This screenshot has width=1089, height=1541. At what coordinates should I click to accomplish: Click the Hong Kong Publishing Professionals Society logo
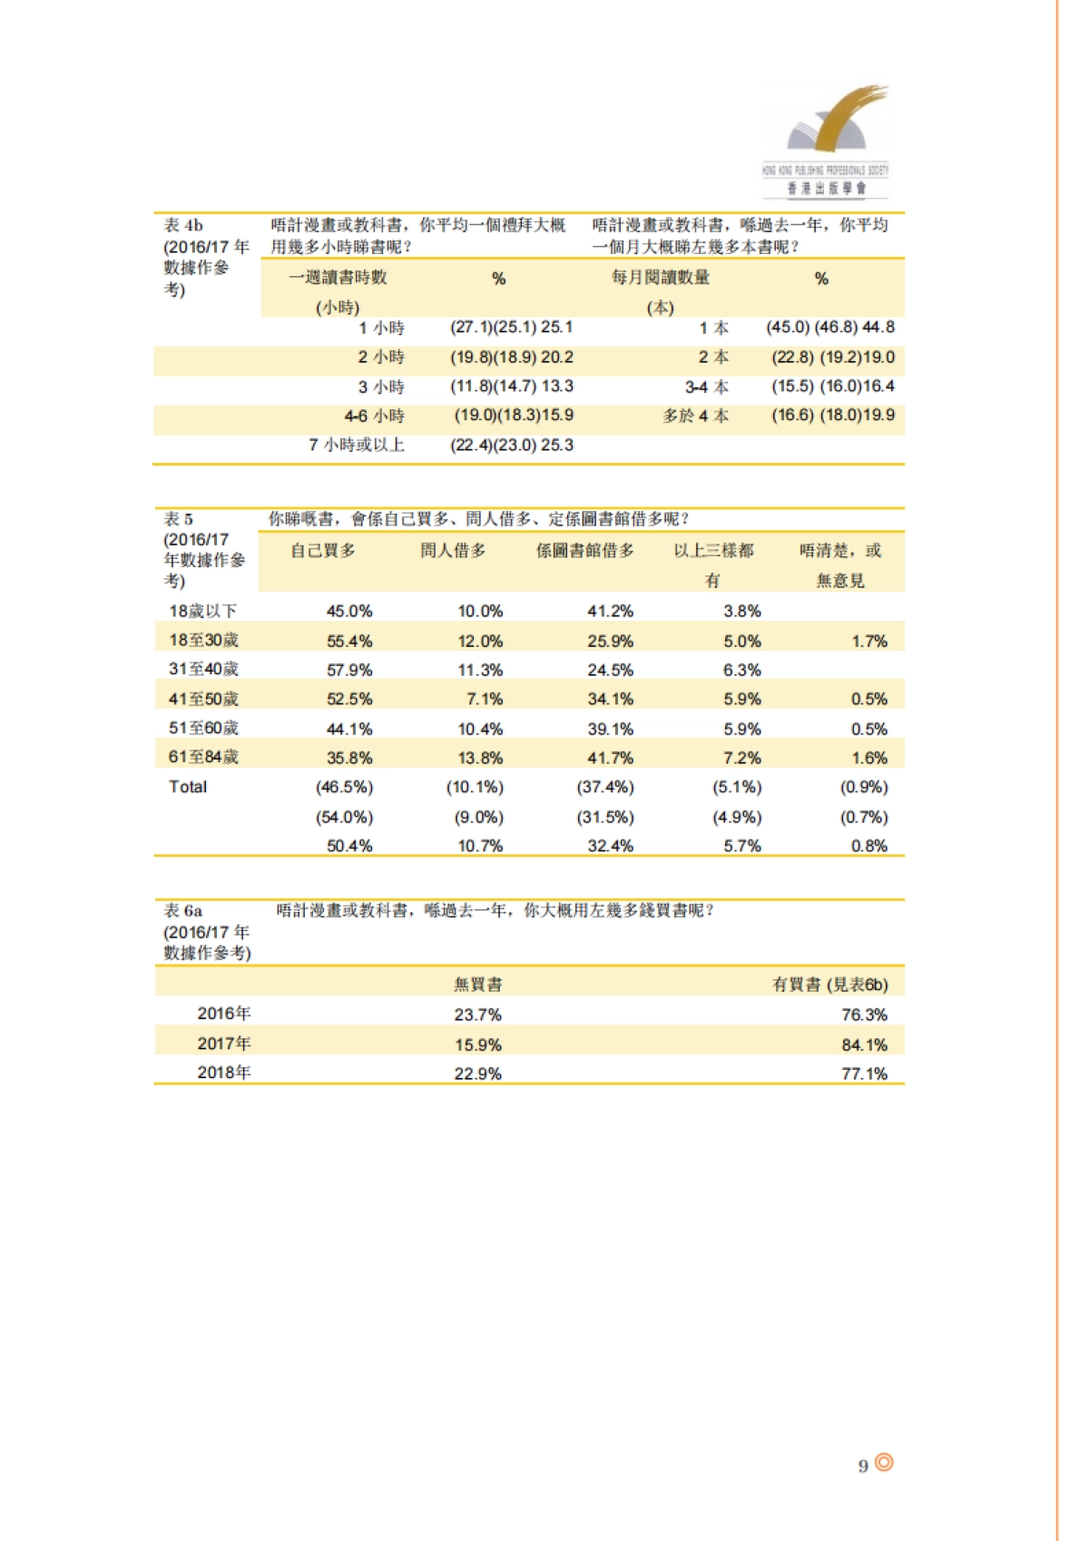(x=826, y=141)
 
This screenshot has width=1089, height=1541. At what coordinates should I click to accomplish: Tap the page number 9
(x=863, y=1466)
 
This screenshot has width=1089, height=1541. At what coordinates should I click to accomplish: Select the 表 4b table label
(x=183, y=225)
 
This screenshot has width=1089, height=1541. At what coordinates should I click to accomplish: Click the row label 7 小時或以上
(x=356, y=445)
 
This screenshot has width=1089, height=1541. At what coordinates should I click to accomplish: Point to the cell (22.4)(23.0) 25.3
(x=512, y=445)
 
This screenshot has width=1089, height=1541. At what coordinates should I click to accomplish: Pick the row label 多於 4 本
(x=695, y=416)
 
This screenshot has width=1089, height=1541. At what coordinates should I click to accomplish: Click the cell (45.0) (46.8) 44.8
(x=830, y=328)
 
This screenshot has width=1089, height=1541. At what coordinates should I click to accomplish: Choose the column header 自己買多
(x=323, y=551)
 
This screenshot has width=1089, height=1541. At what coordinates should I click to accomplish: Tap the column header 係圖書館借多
(x=585, y=551)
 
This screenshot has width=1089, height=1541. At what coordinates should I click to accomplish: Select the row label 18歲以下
(x=202, y=611)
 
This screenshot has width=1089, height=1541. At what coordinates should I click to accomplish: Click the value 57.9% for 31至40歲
(x=349, y=670)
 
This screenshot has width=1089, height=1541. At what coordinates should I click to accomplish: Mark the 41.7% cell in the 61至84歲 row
(x=610, y=758)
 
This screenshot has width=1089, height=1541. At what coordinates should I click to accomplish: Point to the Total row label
(x=188, y=787)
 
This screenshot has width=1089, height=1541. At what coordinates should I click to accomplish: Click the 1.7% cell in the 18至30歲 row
(x=868, y=641)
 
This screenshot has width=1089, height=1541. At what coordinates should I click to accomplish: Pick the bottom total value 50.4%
(x=349, y=846)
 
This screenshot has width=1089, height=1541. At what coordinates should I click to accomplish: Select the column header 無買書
(x=477, y=985)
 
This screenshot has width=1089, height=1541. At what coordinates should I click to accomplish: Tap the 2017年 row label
(x=224, y=1044)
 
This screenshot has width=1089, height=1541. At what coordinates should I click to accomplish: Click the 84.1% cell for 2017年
(x=864, y=1045)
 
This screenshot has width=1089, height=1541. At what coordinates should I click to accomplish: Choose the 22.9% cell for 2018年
(x=477, y=1074)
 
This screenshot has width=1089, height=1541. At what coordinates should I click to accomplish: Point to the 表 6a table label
(x=183, y=910)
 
